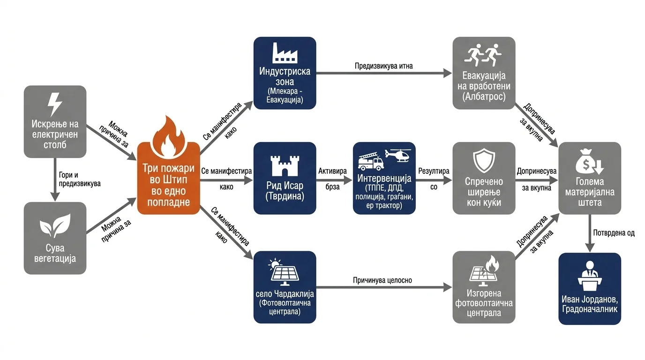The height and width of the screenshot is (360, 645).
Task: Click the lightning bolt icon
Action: (x=55, y=104)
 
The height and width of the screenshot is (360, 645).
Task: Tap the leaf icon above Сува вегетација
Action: (x=55, y=225)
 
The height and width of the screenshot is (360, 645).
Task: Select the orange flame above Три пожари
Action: (x=168, y=136)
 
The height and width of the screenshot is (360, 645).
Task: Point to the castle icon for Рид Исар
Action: (x=285, y=165)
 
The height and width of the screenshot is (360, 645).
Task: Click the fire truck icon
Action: (x=371, y=161)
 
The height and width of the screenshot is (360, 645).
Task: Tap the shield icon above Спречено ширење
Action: (x=484, y=161)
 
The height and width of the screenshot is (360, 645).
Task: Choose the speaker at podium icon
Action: (x=589, y=276)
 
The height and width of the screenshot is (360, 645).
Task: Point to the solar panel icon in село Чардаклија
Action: (x=284, y=272)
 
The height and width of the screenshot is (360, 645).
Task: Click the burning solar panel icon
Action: (x=484, y=271)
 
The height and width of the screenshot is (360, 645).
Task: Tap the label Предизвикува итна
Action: (x=383, y=66)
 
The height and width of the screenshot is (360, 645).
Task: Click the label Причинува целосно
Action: (x=382, y=280)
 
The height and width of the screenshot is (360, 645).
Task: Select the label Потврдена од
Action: (x=614, y=232)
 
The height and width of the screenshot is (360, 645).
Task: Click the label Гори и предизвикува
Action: (x=80, y=179)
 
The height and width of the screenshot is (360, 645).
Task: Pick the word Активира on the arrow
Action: (x=332, y=171)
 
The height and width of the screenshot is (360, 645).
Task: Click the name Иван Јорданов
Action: (x=589, y=300)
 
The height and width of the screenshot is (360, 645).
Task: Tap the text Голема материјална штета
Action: (x=590, y=192)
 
